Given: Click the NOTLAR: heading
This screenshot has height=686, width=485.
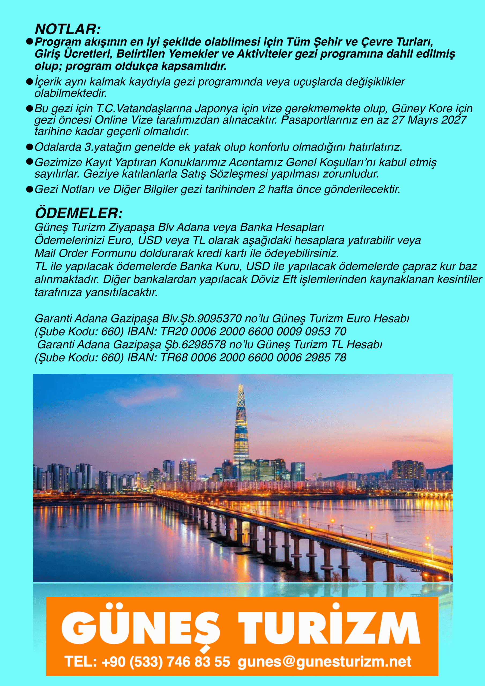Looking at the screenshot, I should [x=68, y=29].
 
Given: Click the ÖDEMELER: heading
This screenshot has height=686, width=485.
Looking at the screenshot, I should [x=79, y=213].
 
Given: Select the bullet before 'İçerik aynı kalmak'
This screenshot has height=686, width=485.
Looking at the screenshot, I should [x=29, y=81].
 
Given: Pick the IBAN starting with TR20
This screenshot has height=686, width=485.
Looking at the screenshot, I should [x=253, y=331].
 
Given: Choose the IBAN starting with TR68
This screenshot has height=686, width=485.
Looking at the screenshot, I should [x=253, y=357].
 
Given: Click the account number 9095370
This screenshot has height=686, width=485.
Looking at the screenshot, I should [x=219, y=319].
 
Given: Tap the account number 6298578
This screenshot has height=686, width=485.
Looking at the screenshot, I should [x=204, y=345].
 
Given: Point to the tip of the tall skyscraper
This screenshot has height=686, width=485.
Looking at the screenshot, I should [x=240, y=385].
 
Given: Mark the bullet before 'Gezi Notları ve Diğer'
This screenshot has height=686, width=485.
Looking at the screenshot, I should [x=29, y=189].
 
